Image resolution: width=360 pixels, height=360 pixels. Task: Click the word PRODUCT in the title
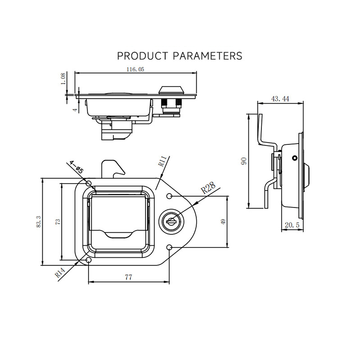point(142,56)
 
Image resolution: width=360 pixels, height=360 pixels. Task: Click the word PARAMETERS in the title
point(207,56)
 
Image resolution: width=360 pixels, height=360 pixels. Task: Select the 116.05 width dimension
point(135,69)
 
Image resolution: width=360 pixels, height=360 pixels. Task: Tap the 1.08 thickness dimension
point(63,78)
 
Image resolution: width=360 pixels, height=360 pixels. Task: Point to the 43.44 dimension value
point(280,99)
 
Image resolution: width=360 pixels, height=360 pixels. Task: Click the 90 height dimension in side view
point(244,161)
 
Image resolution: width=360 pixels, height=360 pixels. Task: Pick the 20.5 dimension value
point(292,225)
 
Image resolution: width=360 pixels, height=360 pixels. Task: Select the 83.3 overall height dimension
point(38,221)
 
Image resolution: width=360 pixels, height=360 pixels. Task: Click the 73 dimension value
point(58,221)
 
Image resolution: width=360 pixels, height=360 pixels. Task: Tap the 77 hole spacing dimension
point(129,277)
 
